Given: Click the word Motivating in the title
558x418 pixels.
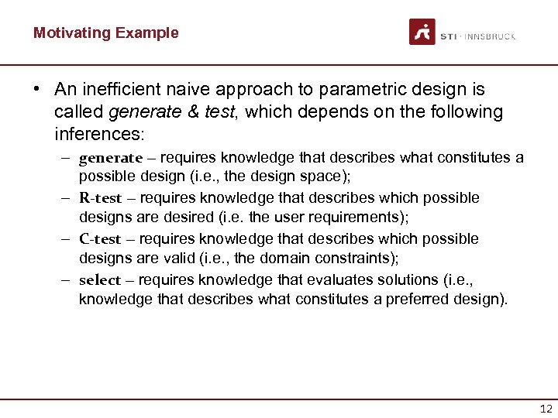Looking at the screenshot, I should point(71,33).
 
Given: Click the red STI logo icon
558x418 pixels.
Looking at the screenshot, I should point(422,32).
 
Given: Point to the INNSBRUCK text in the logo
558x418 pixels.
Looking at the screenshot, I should point(489,36).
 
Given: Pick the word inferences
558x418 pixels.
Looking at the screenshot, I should point(99,134).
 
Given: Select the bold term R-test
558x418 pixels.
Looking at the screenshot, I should point(101,198).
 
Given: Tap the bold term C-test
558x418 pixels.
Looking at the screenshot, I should point(101,239).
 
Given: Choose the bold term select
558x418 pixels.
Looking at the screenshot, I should point(100,280).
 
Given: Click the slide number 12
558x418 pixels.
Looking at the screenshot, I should point(546,409).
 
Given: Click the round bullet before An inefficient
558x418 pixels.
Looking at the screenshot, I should point(37,91).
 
